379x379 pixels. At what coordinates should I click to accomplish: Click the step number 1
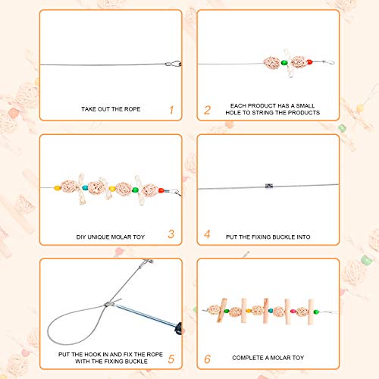click(171, 110)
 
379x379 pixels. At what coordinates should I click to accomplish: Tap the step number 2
click(207, 110)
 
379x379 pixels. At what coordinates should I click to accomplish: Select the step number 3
click(171, 234)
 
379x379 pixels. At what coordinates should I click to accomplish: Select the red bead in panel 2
click(309, 61)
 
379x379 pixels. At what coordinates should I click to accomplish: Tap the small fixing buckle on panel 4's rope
click(268, 185)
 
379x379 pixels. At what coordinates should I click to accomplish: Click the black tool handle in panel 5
click(177, 329)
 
